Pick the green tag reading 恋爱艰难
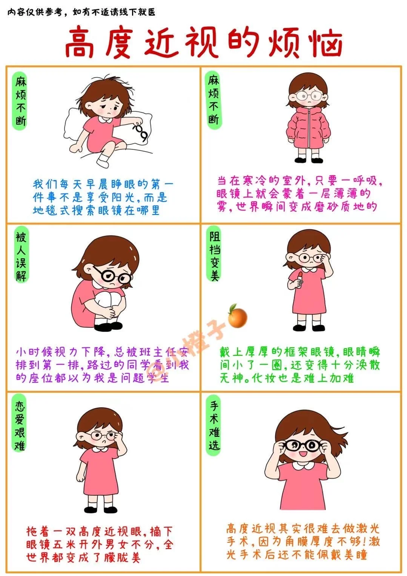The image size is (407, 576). [20, 425]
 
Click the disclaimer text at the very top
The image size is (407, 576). [81, 12]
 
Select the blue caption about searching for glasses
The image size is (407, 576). [103, 198]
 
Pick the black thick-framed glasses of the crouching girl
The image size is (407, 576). [112, 276]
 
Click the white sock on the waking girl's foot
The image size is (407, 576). [103, 160]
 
